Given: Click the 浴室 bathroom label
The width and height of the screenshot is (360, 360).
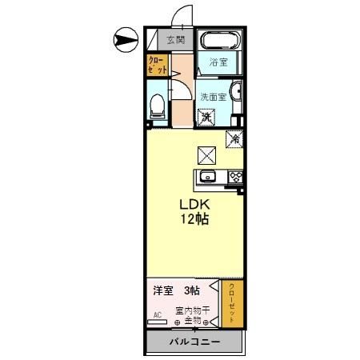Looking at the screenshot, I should coord(219,62).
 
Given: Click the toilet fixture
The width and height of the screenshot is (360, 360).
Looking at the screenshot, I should coord(158,106).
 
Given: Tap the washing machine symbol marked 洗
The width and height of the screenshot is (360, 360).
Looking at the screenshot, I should coord(206,118).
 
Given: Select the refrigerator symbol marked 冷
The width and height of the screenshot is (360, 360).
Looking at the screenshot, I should coord(234,138).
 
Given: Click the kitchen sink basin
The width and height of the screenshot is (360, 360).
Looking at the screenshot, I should coord(208,177).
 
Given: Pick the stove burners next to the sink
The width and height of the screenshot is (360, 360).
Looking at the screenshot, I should coord(235,177).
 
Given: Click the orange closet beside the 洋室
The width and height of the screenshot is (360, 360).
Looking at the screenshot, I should coord(232,302).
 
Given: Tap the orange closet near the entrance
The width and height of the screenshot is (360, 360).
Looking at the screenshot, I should coord(158,66).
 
